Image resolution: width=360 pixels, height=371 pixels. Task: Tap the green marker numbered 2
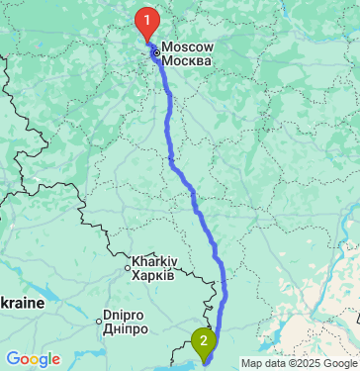204,342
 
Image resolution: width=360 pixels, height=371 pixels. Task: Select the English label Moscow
186,46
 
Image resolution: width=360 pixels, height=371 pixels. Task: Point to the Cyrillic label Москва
186,61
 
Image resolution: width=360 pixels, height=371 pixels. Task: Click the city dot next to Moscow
156,53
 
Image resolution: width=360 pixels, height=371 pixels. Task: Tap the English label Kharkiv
154,260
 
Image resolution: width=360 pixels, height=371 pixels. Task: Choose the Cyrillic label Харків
154,274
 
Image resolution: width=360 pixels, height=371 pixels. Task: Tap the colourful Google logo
33,358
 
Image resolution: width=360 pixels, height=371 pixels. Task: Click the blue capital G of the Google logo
13,357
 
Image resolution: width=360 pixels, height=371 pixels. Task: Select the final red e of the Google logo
54,359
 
